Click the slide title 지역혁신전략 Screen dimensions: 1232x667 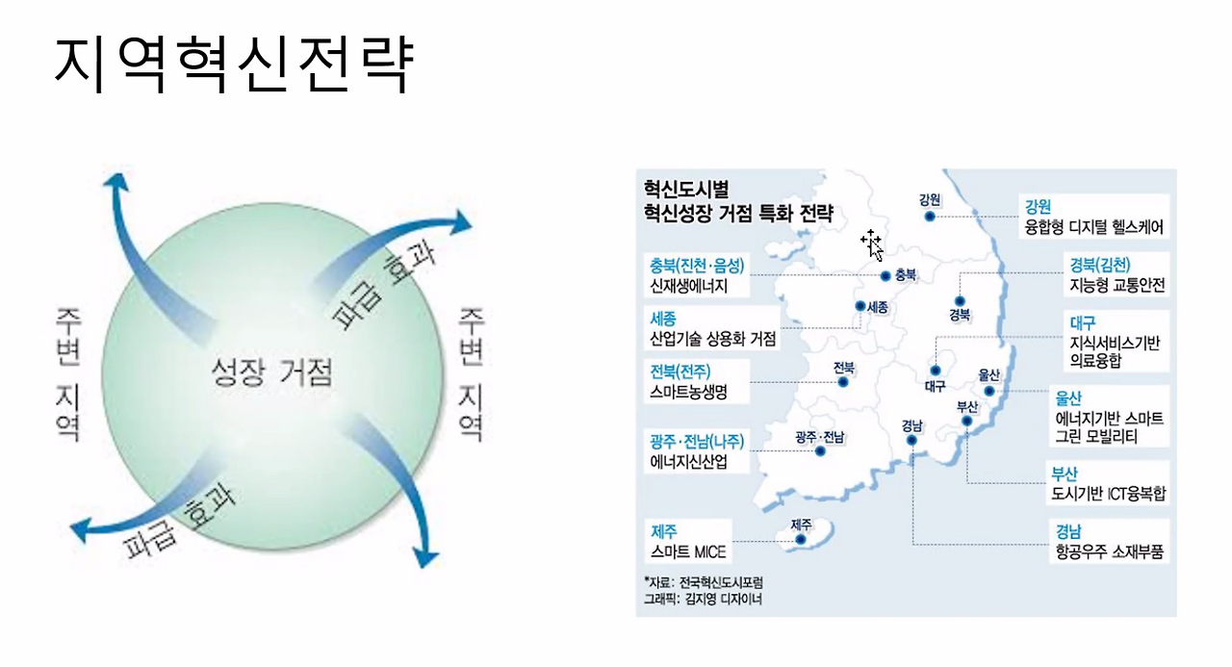234,64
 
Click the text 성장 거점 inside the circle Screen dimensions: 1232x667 272,372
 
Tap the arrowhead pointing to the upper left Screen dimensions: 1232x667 116,183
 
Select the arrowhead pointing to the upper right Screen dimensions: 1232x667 459,222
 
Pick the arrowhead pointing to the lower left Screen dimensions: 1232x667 82,529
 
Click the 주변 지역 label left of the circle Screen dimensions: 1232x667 68,374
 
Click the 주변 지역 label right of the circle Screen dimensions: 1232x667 472,374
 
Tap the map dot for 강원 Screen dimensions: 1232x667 930,217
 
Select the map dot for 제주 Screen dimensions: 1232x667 801,539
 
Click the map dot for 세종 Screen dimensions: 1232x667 860,306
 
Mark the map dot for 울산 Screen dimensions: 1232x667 989,392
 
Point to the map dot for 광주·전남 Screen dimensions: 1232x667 820,451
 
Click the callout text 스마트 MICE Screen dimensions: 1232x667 688,552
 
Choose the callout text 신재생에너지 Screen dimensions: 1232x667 689,286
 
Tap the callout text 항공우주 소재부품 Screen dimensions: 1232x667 1110,552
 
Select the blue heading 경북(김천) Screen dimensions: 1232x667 1100,265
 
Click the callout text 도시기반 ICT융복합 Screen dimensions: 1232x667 1108,494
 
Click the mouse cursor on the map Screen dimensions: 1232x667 873,245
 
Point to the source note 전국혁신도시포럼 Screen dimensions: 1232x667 721,582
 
